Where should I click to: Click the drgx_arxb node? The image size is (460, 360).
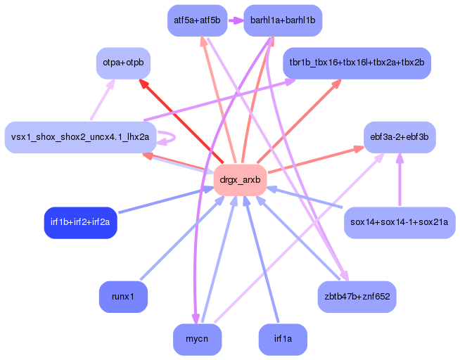[x=240, y=181]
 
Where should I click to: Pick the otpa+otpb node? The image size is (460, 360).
[x=123, y=63]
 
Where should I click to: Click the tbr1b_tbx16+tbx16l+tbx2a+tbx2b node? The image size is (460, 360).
[x=357, y=63]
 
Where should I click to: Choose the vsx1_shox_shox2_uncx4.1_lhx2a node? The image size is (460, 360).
[x=79, y=137]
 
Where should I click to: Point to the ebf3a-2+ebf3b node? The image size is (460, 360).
[x=399, y=137]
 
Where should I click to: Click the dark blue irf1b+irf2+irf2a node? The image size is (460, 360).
[x=80, y=223]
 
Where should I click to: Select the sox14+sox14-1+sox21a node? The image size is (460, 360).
[x=400, y=223]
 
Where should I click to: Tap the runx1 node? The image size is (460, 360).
[x=123, y=297]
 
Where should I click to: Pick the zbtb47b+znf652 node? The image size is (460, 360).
[x=357, y=297]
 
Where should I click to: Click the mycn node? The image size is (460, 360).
[x=197, y=340]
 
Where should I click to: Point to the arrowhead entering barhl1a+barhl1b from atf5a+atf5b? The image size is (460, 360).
[x=237, y=20]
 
